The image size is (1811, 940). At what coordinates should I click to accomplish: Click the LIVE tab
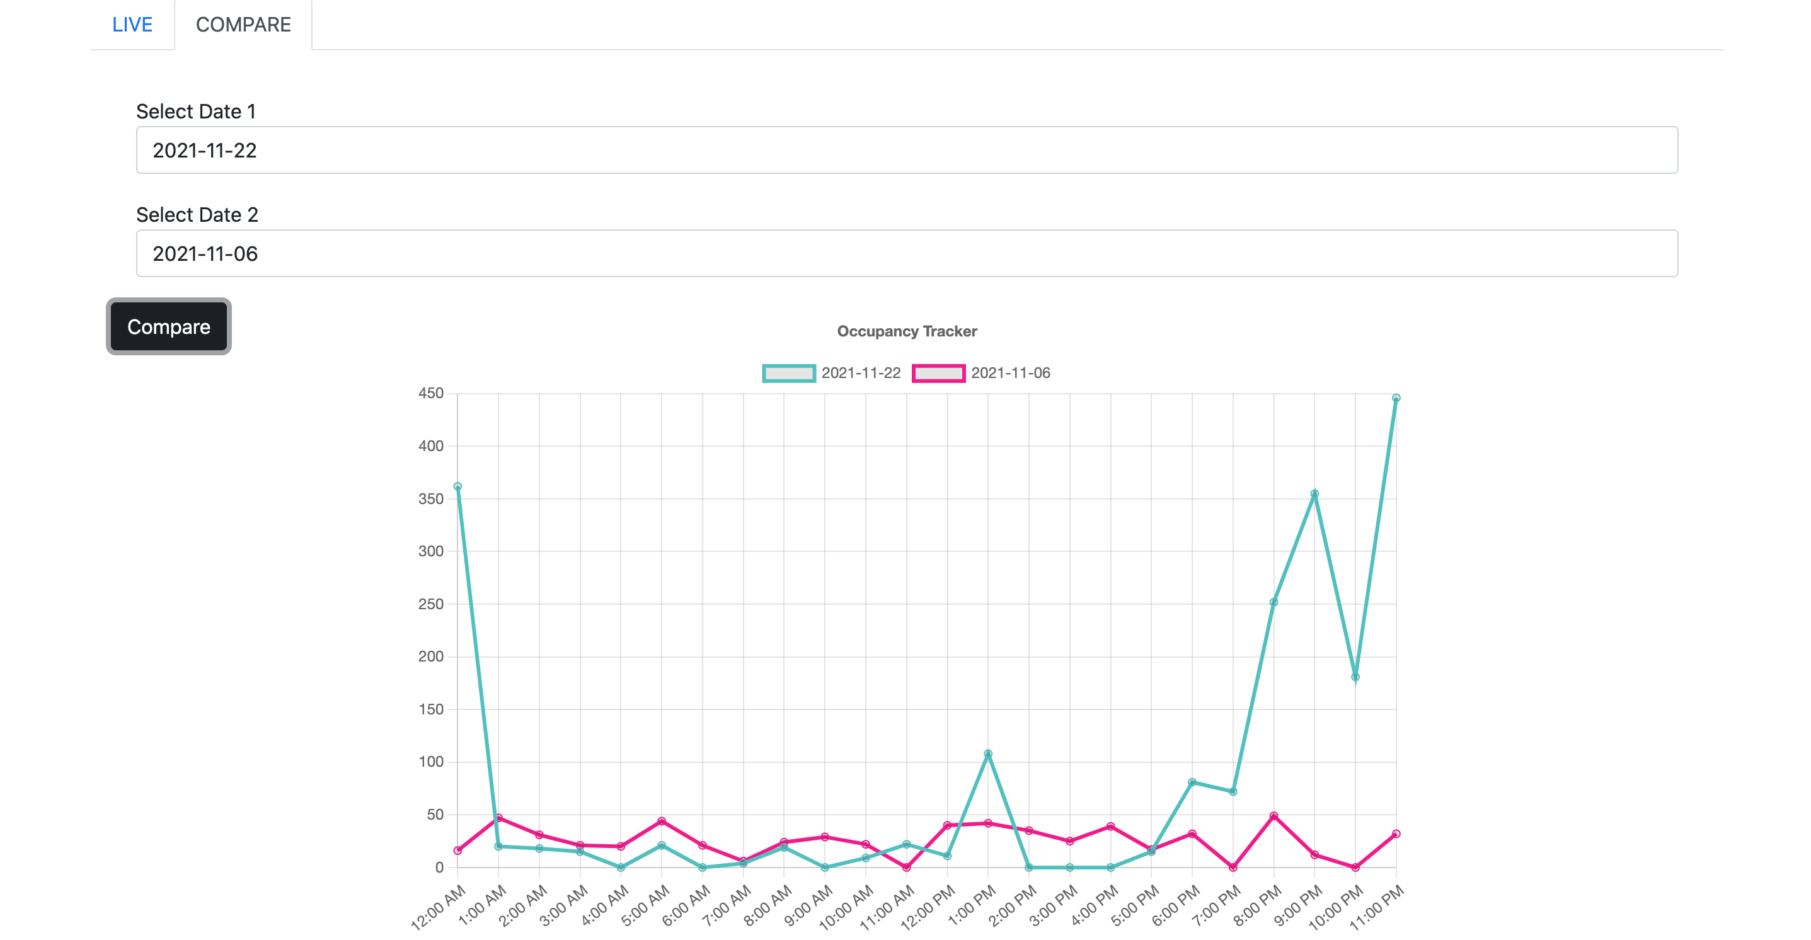pos(132,25)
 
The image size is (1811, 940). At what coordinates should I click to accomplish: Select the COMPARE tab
pos(243,25)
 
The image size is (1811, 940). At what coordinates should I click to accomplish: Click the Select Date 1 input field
pos(907,150)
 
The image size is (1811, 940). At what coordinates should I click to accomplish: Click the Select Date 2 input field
pos(907,253)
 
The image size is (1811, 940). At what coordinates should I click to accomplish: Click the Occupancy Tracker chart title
pos(907,331)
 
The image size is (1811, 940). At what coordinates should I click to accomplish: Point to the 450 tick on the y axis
pos(431,394)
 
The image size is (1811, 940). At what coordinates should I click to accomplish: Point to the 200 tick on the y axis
pos(431,656)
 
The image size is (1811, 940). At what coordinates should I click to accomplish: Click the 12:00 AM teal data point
pos(457,486)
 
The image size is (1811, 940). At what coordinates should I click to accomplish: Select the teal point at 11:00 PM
pos(1396,398)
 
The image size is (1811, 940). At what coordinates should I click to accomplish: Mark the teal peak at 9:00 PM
pos(1314,493)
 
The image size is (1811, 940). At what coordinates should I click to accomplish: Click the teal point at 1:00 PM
pos(988,754)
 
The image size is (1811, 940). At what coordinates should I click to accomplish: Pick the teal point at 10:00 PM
pos(1355,677)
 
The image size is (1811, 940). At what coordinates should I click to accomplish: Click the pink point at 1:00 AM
pos(498,818)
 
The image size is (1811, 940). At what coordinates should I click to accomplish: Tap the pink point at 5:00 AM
pos(662,821)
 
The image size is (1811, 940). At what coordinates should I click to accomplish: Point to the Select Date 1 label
pos(196,111)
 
